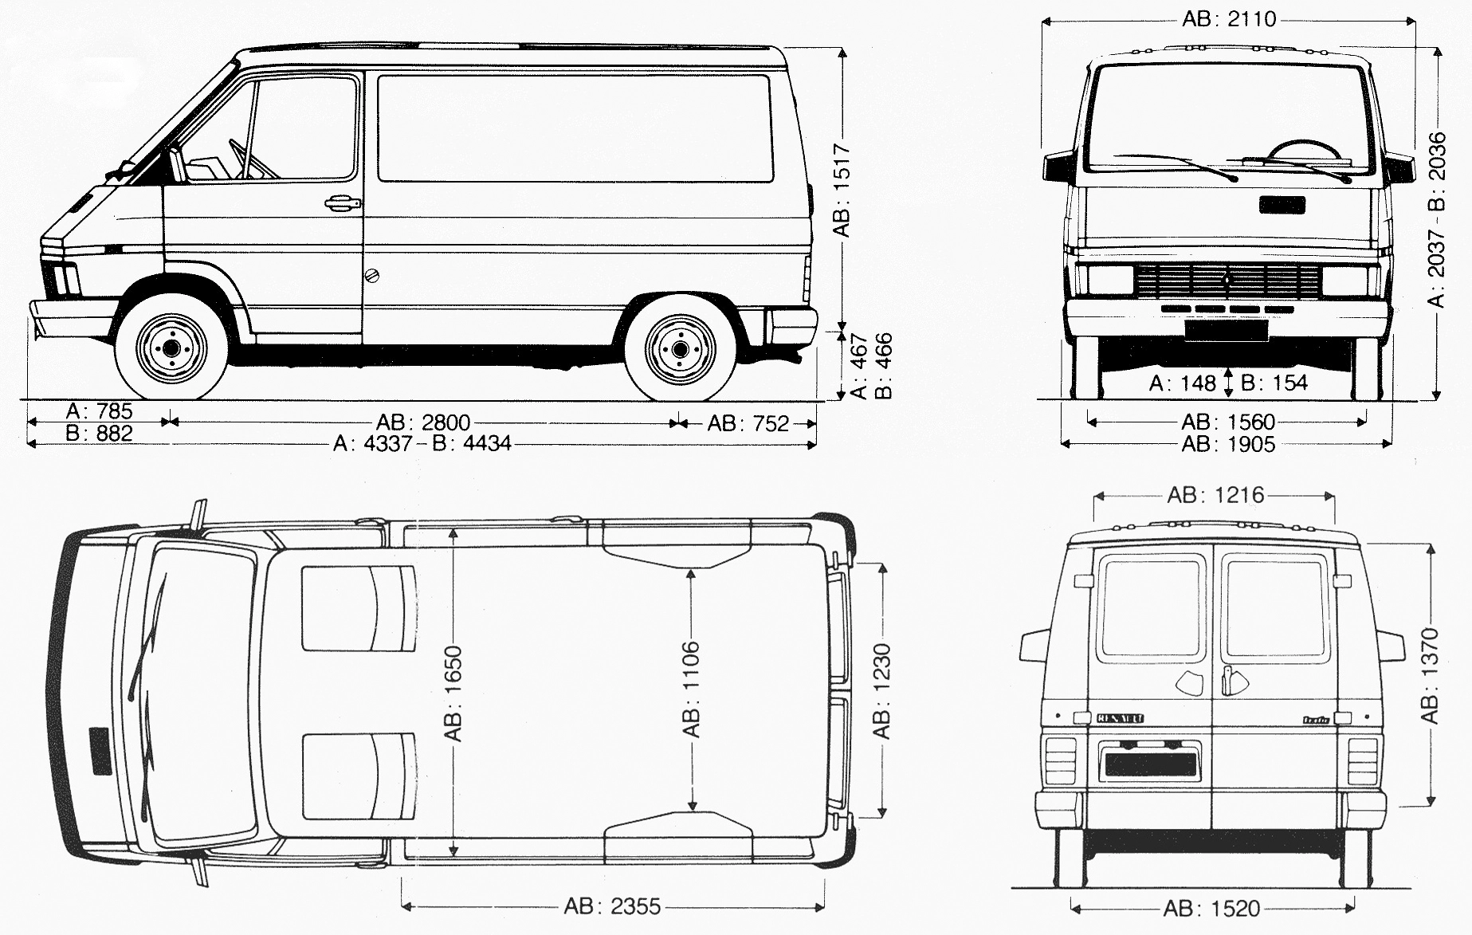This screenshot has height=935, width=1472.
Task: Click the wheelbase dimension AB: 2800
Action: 423,422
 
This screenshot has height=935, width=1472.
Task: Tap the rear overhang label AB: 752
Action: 748,423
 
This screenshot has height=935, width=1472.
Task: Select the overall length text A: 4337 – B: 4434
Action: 422,443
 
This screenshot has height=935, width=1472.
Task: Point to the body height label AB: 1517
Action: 842,191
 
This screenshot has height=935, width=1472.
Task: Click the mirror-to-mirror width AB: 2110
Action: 1229,18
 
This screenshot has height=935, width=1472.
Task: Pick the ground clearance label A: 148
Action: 1182,383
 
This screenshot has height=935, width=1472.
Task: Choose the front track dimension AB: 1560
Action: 1228,422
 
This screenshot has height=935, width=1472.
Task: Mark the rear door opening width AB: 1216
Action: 1215,495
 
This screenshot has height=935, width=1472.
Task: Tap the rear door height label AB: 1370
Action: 1431,676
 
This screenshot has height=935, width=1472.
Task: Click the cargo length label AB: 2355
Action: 612,906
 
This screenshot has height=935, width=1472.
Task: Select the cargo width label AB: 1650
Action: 453,693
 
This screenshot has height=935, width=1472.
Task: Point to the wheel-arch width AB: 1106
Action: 691,689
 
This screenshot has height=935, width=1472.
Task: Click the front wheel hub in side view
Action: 171,348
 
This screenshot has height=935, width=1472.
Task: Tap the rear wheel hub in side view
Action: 680,350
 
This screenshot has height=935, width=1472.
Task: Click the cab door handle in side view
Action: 343,203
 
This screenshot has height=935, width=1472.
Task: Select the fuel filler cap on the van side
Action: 371,277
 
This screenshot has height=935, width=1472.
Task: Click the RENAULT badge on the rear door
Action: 1120,718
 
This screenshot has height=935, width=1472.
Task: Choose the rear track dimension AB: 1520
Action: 1211,908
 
